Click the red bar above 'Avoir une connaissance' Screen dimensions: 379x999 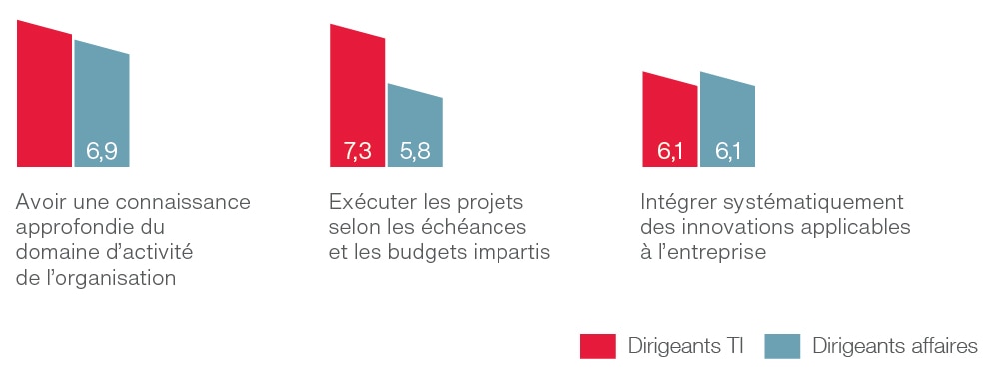[x=44, y=95]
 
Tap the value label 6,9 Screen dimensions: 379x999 [x=102, y=152]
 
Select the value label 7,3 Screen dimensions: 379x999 [x=357, y=152]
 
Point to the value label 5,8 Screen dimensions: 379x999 [x=415, y=152]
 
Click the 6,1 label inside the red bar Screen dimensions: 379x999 [x=669, y=152]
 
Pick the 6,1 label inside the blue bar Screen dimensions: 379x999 [x=727, y=152]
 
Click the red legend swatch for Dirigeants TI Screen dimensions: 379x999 [x=598, y=346]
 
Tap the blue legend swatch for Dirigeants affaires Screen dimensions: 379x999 [x=782, y=346]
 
